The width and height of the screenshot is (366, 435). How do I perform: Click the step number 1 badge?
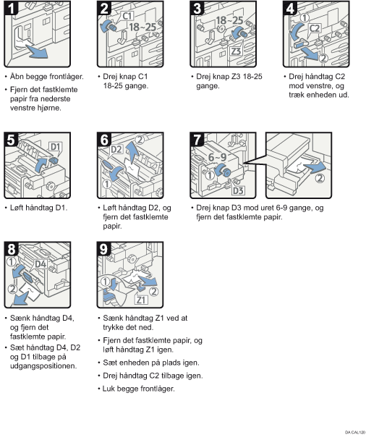(x=11, y=8)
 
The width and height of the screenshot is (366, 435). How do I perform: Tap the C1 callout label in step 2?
(x=128, y=16)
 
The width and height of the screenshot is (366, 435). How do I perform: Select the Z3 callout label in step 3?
(x=236, y=51)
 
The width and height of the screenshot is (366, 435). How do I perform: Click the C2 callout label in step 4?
(x=315, y=28)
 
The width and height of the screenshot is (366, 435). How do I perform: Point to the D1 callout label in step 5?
(x=56, y=146)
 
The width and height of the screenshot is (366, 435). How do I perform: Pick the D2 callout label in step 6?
(x=116, y=150)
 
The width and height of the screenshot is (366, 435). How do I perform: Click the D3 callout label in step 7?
(x=238, y=190)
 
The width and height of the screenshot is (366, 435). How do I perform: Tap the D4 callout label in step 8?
(x=41, y=264)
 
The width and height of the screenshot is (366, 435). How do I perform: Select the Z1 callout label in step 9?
(x=141, y=300)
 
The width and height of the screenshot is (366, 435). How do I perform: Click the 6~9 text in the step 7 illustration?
(x=218, y=157)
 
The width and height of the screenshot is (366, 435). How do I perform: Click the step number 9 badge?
(x=103, y=249)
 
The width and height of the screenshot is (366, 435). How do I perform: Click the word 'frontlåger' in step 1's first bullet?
(x=66, y=77)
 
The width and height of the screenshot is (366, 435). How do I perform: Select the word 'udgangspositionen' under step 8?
(x=43, y=366)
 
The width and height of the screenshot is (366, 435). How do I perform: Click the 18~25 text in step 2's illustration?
(x=142, y=28)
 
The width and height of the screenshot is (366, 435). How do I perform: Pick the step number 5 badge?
(x=11, y=140)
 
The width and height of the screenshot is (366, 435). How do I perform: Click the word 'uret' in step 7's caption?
(x=267, y=208)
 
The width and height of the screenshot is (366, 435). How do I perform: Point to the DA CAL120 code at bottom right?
(x=355, y=432)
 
